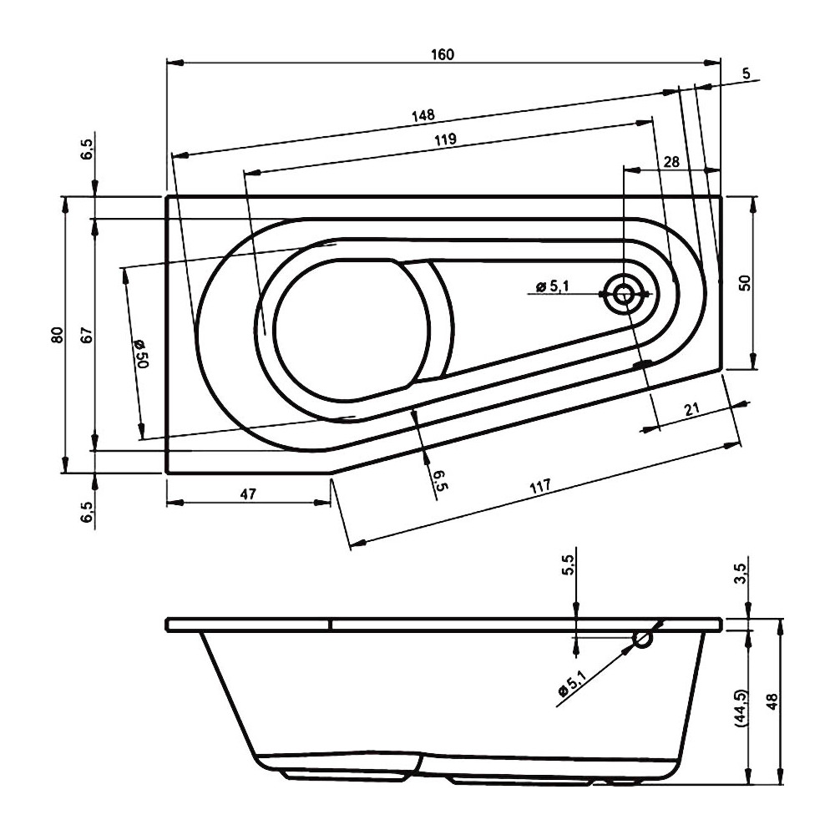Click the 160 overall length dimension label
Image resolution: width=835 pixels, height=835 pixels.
443,54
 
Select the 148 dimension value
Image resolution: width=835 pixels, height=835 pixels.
423,115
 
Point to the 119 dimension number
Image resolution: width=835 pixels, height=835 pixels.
445,139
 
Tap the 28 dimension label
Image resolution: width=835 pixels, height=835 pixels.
672,161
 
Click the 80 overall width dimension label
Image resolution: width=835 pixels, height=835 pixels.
58,335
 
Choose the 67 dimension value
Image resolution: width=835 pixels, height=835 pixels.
87,335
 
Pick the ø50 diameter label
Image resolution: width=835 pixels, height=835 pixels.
141,353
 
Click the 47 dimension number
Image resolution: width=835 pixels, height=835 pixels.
248,493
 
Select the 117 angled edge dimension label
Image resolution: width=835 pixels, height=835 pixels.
540,486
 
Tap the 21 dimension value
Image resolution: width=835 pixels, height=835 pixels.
691,409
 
